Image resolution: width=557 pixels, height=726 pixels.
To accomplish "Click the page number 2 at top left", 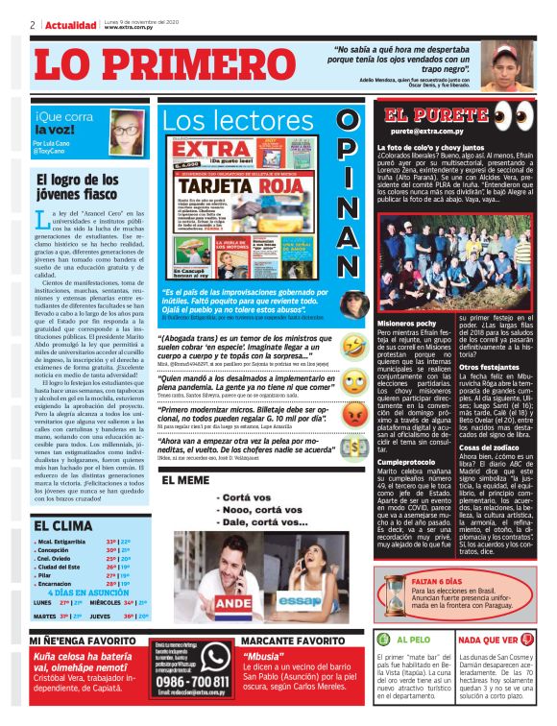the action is [32, 23].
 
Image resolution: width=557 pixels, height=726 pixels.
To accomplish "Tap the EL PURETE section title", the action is [424, 115].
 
